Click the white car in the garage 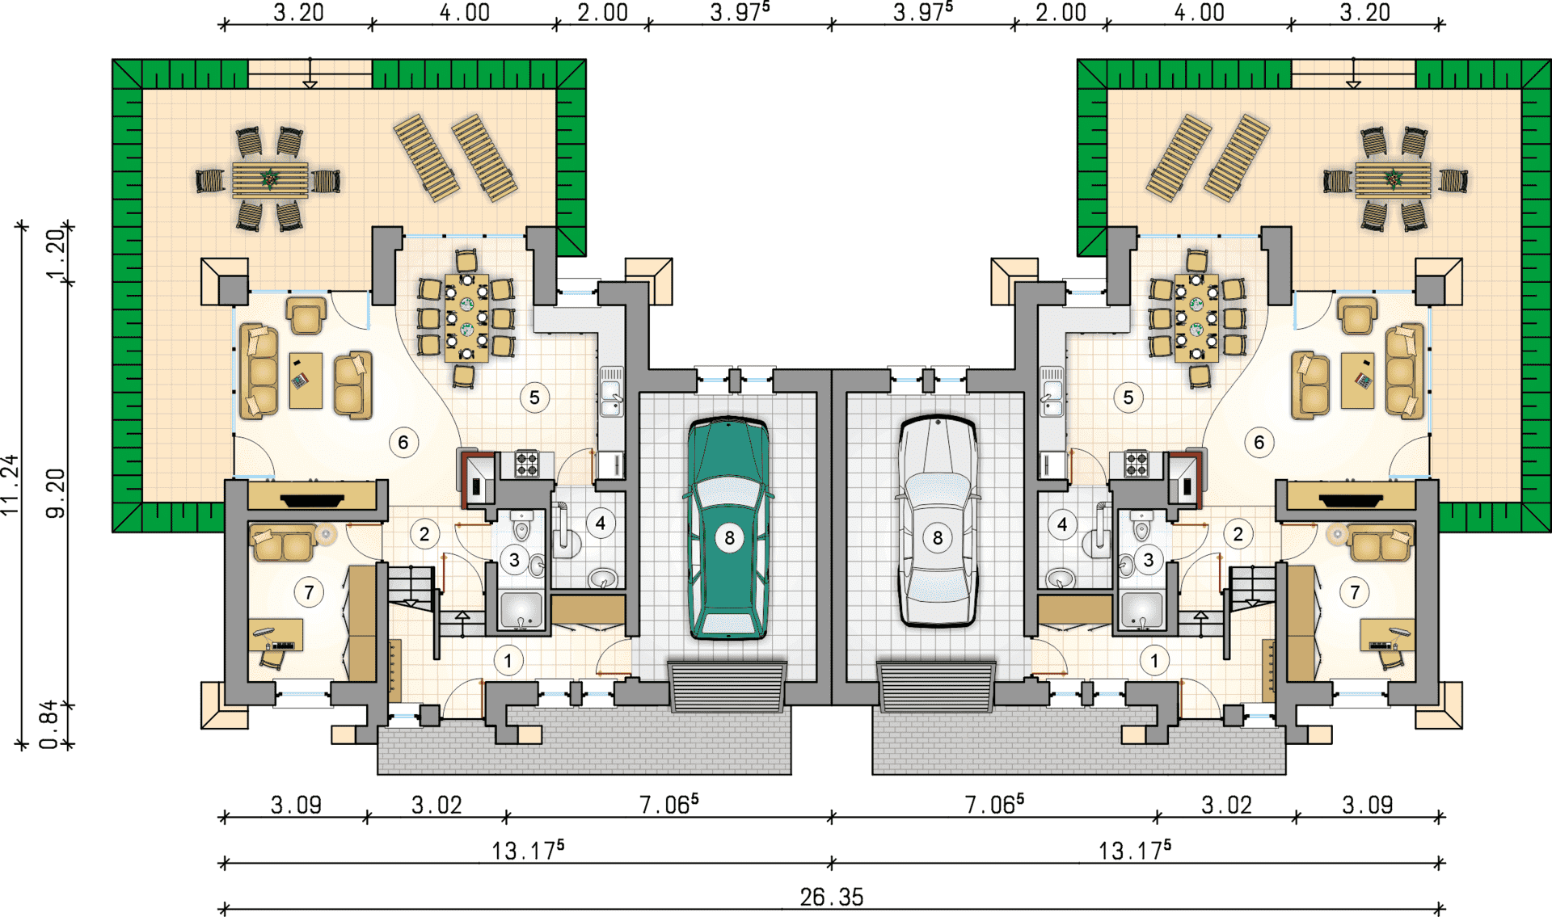coord(938,521)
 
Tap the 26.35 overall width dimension coord(832,897)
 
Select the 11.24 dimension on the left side coord(10,485)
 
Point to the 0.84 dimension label coord(49,724)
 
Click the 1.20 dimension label coord(55,254)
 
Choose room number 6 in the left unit coord(403,442)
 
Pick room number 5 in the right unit coord(1128,398)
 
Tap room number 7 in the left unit coord(309,592)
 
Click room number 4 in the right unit coord(1062,524)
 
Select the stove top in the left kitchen coord(527,464)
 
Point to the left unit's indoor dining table coord(466,318)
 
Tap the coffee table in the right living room coord(1357,380)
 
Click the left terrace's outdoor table coord(270,179)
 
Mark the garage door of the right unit coord(936,687)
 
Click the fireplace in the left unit coord(311,500)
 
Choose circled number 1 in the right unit coord(1154,661)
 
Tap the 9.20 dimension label coord(55,493)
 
